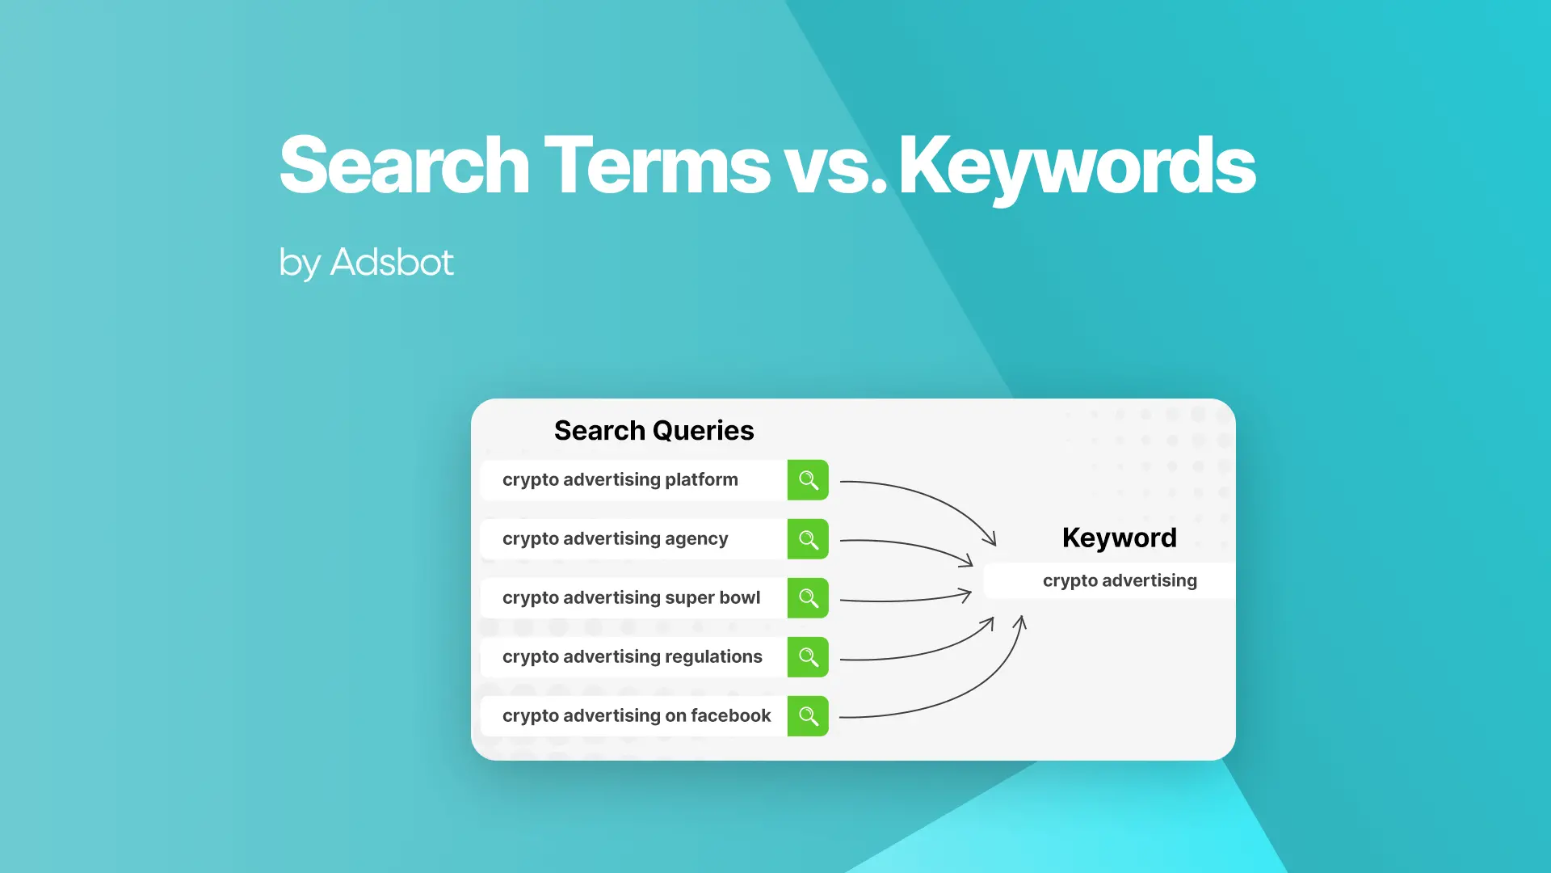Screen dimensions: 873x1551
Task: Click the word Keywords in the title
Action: (1077, 166)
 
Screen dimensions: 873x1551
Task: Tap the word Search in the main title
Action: (404, 166)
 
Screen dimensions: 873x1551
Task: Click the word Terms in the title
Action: (657, 166)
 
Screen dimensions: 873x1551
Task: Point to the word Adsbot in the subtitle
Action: (392, 262)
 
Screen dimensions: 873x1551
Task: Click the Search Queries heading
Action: (654, 430)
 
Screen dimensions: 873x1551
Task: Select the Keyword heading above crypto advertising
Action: (1119, 538)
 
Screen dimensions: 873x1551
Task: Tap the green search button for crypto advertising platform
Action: (808, 480)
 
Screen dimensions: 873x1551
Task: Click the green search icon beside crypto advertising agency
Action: (808, 539)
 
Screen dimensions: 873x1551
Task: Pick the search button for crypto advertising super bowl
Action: (808, 598)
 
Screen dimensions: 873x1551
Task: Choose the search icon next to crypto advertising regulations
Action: (808, 657)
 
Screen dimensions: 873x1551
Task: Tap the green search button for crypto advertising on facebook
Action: (808, 716)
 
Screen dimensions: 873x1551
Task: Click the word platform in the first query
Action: (701, 480)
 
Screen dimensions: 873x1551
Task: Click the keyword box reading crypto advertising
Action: (1119, 580)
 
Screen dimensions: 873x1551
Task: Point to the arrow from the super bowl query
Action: (905, 600)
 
